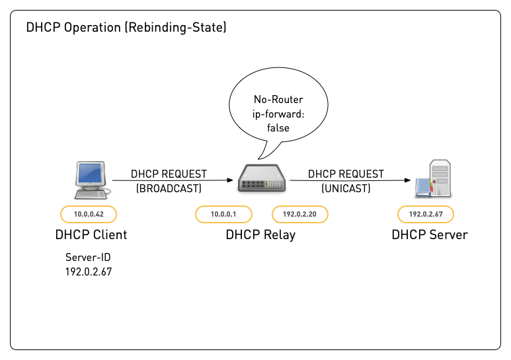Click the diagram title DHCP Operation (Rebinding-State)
coord(126,28)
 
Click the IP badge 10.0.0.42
coord(88,214)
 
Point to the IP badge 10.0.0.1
coord(223,214)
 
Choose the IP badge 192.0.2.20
coord(300,214)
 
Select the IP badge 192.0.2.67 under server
coord(425,214)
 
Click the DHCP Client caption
coord(91,234)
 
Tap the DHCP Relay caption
coord(260,234)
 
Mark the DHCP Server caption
coord(429,234)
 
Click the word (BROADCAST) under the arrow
coord(169,188)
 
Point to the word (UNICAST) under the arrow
coord(346,188)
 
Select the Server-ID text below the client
coord(88,258)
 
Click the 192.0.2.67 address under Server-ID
coord(88,271)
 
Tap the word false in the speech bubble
coord(278,127)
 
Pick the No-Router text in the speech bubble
coord(278,100)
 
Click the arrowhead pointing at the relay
coord(231,180)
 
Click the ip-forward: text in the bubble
coord(278,114)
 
